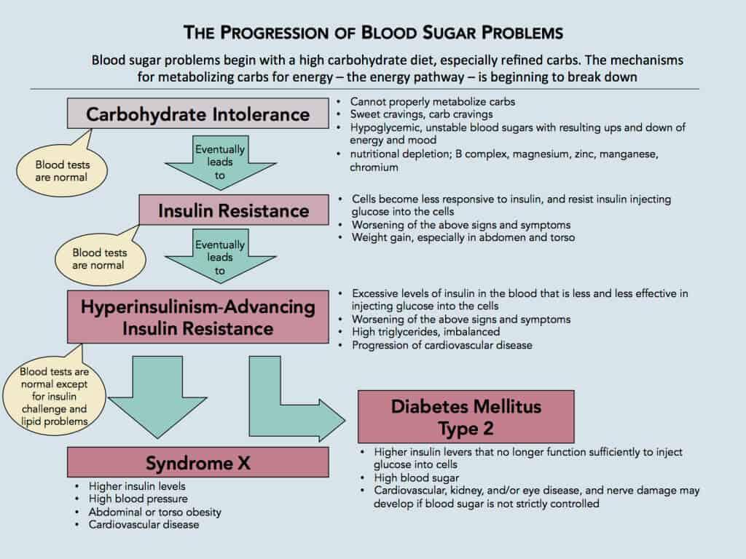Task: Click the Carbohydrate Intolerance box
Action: coord(198,114)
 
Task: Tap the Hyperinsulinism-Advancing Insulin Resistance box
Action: coord(198,317)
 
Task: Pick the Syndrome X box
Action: coord(197,462)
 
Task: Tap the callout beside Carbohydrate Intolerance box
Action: coord(61,170)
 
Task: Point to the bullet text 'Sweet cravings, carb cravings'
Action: coord(422,114)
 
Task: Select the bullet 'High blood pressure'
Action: coord(138,499)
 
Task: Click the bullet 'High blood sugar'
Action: coord(416,478)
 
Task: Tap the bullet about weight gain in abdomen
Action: coord(463,237)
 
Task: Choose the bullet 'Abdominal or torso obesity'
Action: coord(155,512)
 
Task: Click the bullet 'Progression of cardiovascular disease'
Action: coord(442,345)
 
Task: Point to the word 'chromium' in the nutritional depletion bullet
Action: coord(374,167)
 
